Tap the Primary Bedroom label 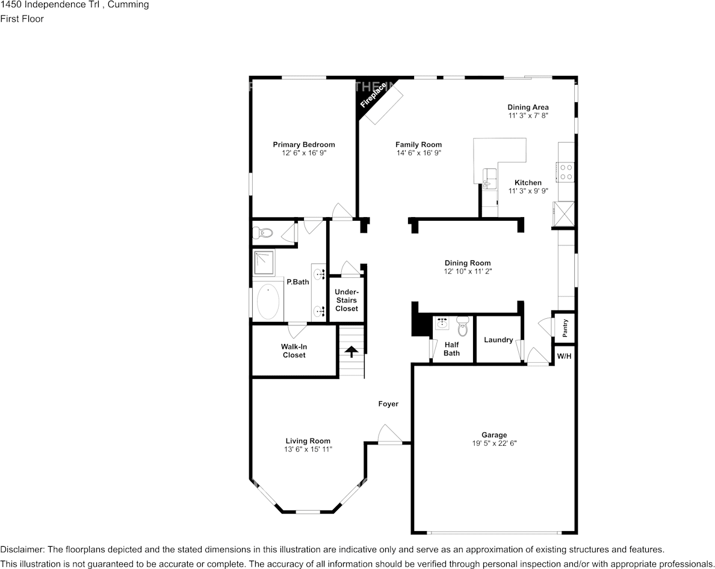304,144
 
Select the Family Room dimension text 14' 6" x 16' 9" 418,153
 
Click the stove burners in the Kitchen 566,173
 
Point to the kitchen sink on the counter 488,178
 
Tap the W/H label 564,356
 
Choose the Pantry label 565,328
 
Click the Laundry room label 498,340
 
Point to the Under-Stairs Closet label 347,300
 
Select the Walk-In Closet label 293,351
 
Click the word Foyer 388,404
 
